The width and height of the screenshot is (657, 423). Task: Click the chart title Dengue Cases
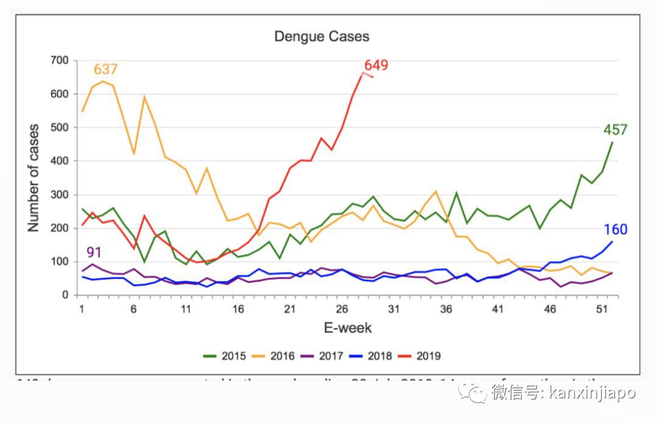coord(321,36)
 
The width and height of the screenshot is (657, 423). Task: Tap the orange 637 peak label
coord(105,70)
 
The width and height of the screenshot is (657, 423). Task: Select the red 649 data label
coord(376,66)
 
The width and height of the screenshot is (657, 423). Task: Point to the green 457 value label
coord(615,130)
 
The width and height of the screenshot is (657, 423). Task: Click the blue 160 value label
coord(616,229)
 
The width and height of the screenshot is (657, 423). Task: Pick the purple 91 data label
coord(93,251)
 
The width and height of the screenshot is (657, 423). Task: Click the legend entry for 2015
coord(224,356)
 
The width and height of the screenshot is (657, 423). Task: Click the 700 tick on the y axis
coord(60,60)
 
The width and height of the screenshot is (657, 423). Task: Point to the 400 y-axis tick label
coord(60,161)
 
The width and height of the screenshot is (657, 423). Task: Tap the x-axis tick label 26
coord(341,309)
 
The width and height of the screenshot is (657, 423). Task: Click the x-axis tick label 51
coord(602,309)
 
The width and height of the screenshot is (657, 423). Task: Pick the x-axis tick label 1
coord(82,309)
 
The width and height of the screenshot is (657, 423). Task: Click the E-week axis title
coord(347,329)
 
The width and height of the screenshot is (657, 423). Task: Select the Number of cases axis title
coord(33,178)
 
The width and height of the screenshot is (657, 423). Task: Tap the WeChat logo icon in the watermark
coord(473,391)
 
